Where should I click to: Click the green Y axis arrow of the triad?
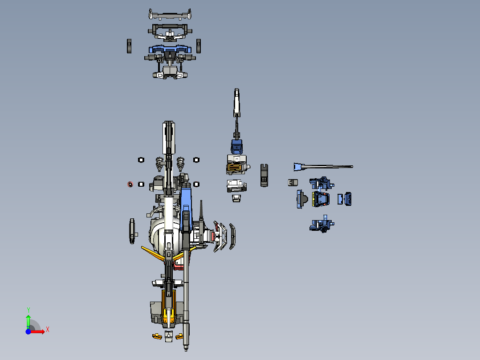point(28,319)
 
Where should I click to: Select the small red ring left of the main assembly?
point(130,184)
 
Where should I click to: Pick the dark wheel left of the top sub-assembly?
point(129,46)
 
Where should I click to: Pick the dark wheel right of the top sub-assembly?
point(199,45)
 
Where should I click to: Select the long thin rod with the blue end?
point(323,167)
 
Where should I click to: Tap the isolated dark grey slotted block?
point(264,175)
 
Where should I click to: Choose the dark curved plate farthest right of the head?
point(232,235)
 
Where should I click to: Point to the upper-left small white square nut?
point(141,160)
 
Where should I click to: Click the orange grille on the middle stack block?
point(235,168)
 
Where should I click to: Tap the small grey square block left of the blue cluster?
point(292,183)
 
